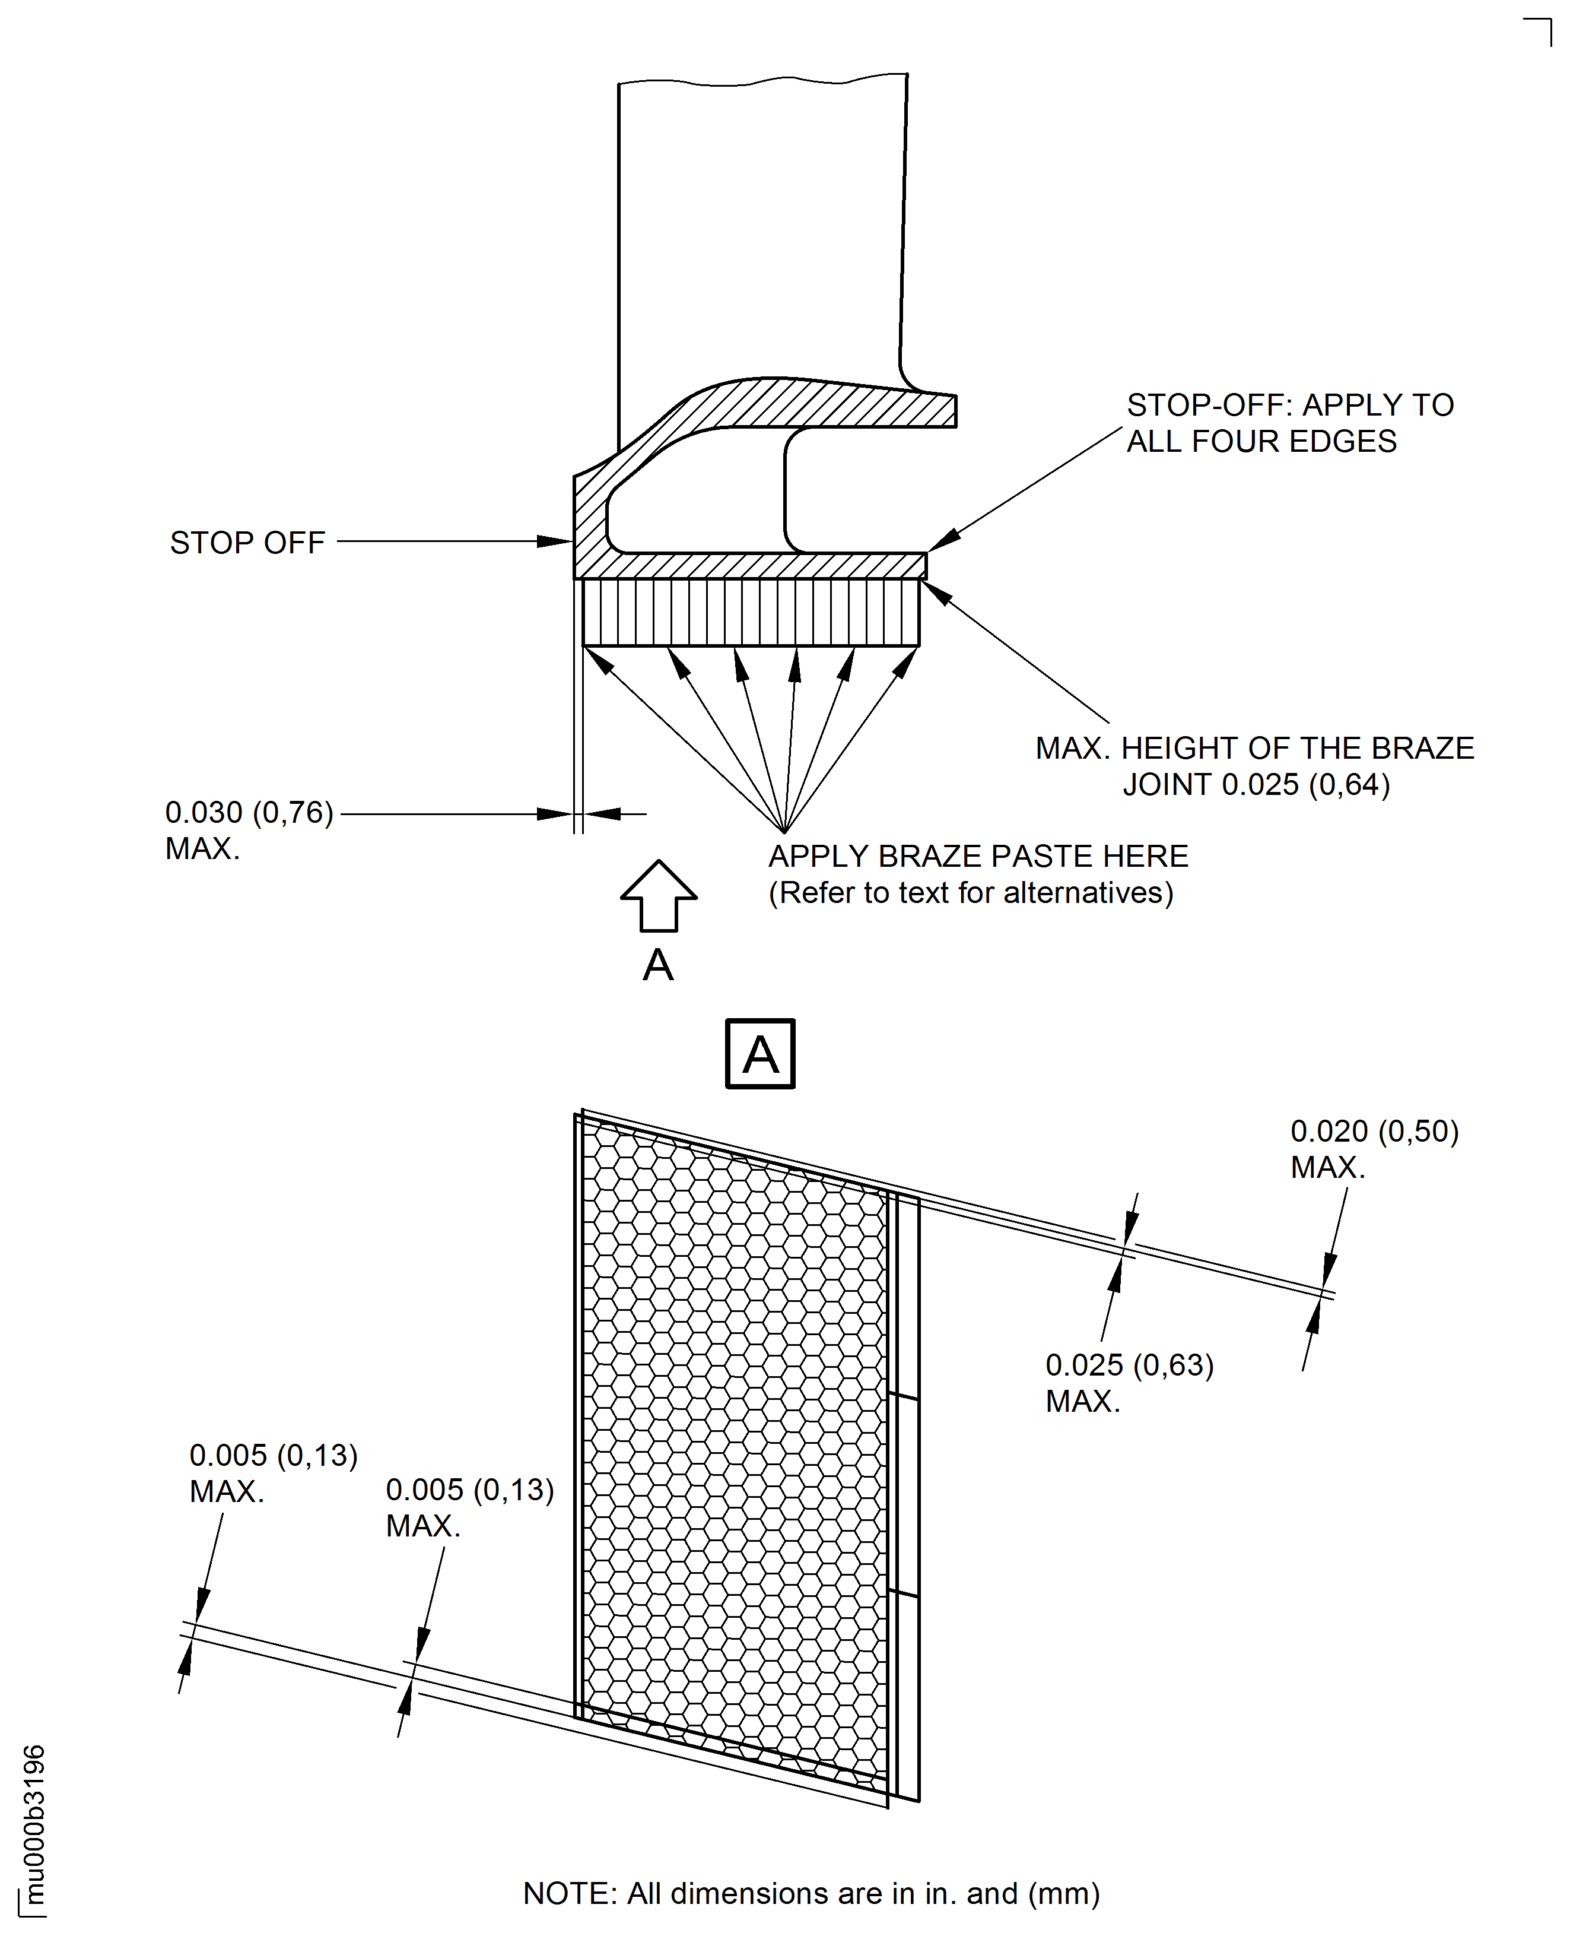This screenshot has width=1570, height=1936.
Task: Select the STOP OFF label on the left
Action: click(x=247, y=543)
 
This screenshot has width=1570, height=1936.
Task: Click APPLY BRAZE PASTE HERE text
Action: click(x=978, y=856)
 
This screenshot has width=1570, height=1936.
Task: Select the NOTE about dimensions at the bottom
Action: click(x=811, y=1893)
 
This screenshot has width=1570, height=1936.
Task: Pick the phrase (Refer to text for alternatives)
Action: click(x=970, y=893)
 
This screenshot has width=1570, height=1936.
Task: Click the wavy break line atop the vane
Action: click(x=762, y=81)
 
